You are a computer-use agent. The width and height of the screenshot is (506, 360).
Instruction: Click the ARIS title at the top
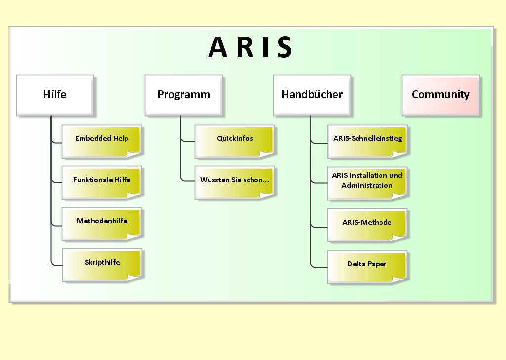click(251, 47)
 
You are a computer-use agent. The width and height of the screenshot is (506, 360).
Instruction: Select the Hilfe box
click(55, 95)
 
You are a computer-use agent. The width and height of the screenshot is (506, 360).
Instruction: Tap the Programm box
click(183, 95)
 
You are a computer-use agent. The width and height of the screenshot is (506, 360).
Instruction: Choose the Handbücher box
click(312, 95)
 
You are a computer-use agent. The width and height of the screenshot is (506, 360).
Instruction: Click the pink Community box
click(440, 95)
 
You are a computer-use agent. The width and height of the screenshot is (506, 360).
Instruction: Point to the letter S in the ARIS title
click(284, 47)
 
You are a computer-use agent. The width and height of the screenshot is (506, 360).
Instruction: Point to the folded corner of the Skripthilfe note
click(135, 277)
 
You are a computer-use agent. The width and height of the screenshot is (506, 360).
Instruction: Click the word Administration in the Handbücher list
click(367, 186)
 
